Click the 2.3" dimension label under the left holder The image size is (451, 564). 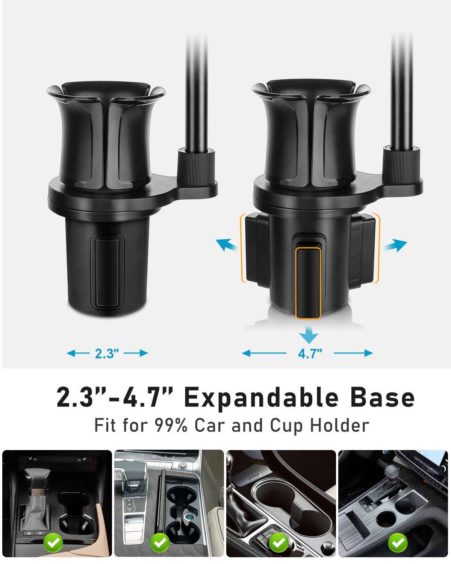pos(107,353)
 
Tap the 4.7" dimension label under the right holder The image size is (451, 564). pos(310,353)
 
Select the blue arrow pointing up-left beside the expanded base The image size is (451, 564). pos(226,245)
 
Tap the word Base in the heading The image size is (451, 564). pos(382,398)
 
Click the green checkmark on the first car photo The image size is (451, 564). pos(53,543)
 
